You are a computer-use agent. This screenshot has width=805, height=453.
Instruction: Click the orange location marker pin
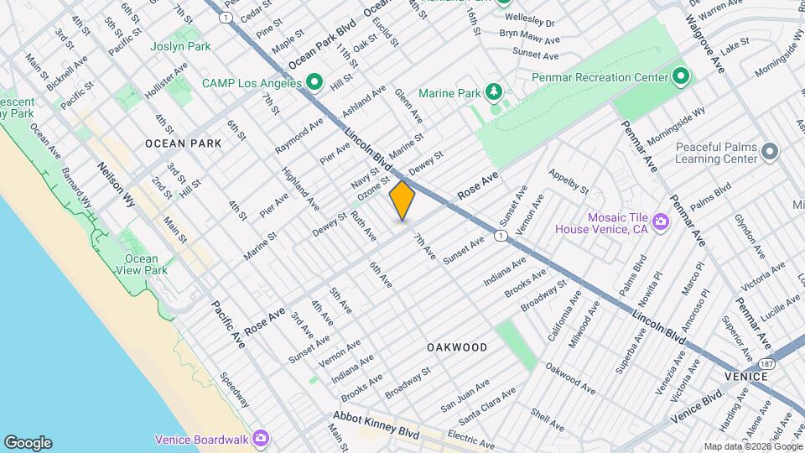(x=402, y=200)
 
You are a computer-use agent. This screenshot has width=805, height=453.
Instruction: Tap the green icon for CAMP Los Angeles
(x=314, y=82)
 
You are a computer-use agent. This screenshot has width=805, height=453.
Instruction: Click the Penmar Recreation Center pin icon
(x=681, y=78)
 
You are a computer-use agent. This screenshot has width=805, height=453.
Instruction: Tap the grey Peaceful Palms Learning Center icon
(x=770, y=152)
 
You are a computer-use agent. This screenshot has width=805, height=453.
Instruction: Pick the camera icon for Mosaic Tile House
(x=661, y=221)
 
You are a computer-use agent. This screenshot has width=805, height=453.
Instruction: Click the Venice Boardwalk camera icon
(x=261, y=439)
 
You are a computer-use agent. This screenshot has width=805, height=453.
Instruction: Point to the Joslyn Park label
(x=180, y=46)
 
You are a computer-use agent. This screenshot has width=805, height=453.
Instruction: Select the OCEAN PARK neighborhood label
(x=184, y=143)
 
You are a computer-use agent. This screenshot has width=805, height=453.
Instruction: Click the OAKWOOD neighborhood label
(x=457, y=346)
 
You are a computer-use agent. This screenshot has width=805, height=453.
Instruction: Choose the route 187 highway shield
(x=766, y=363)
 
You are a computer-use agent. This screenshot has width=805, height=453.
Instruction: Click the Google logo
(x=28, y=442)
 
